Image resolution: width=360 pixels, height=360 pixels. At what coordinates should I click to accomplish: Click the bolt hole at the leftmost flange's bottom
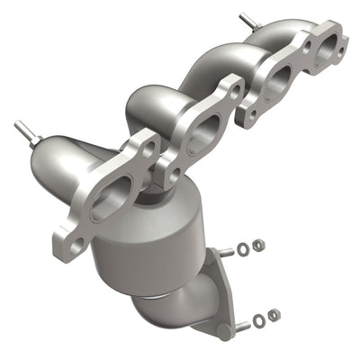pos(76,242)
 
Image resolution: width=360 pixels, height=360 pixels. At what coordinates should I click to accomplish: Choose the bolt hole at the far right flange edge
pos(339,39)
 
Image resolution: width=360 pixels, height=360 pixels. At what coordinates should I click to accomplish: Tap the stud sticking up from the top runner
pos(245,21)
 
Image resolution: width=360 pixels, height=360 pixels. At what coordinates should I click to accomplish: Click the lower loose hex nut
pos(273,314)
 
